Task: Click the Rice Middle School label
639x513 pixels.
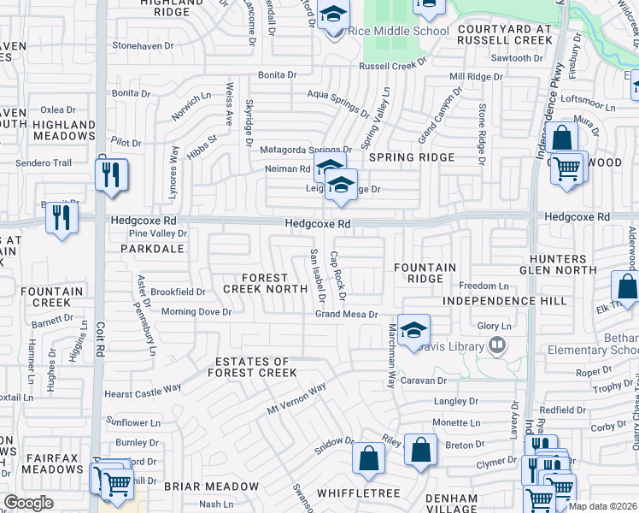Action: tap(400, 32)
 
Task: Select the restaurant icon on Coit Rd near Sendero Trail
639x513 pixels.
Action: tap(112, 175)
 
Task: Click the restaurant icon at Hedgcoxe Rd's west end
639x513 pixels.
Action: tap(62, 217)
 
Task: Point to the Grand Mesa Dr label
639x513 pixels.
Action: tap(346, 315)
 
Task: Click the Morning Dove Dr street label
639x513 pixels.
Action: tap(196, 312)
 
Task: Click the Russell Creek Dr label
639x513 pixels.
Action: tap(392, 65)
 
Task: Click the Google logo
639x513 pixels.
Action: tap(29, 503)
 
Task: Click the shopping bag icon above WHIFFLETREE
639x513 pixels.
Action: tap(368, 457)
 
